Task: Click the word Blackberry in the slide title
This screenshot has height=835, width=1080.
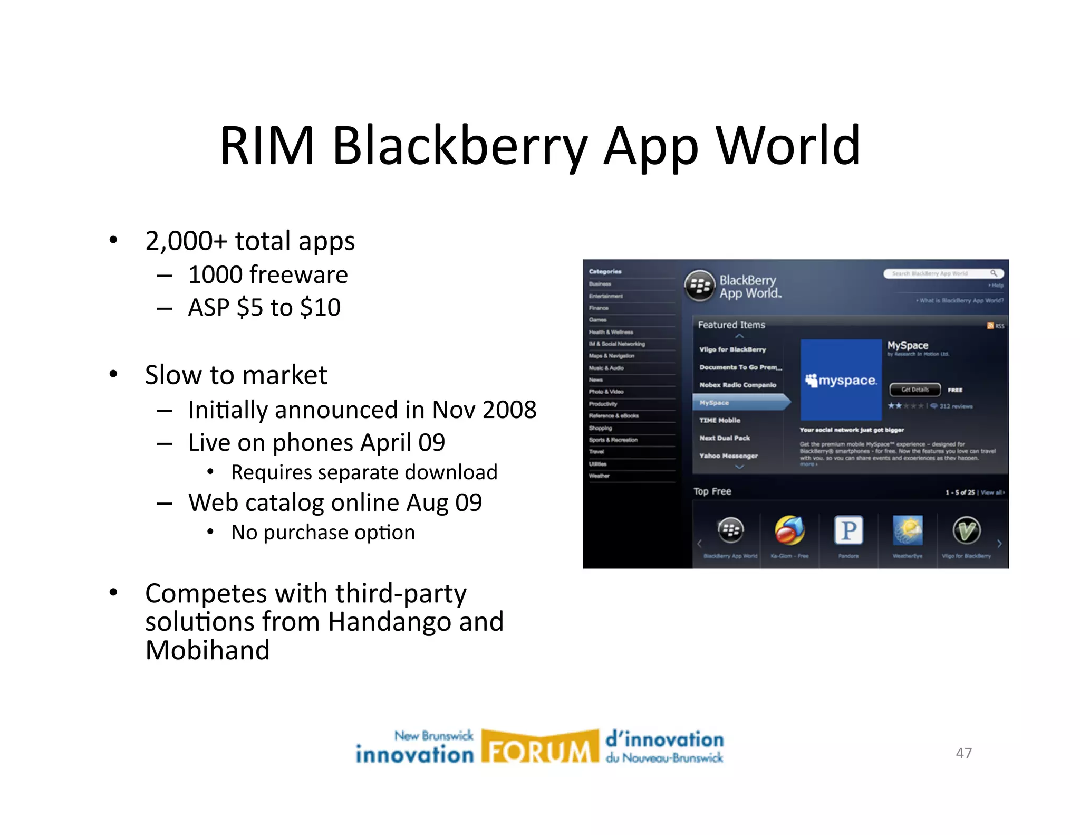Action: point(460,146)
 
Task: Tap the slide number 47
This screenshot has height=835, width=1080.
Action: point(963,753)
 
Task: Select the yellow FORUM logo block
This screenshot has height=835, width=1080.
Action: point(540,747)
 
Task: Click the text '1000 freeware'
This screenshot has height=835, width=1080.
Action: point(268,275)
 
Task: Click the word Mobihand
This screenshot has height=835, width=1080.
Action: point(207,650)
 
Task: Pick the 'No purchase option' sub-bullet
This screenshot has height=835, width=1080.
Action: point(323,533)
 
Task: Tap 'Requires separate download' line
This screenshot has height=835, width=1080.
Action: point(364,472)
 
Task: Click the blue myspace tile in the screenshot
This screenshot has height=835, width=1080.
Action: point(841,380)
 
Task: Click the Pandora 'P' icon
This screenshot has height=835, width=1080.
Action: point(848,530)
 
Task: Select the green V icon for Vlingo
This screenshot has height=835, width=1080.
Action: point(966,530)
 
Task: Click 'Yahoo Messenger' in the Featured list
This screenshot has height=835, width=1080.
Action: point(728,456)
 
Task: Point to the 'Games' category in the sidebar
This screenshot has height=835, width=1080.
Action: point(598,320)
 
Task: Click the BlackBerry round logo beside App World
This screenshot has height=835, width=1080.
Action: point(700,286)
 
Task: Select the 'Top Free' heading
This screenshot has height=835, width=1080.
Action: point(712,491)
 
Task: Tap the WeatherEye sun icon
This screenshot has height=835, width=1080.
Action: point(908,530)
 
